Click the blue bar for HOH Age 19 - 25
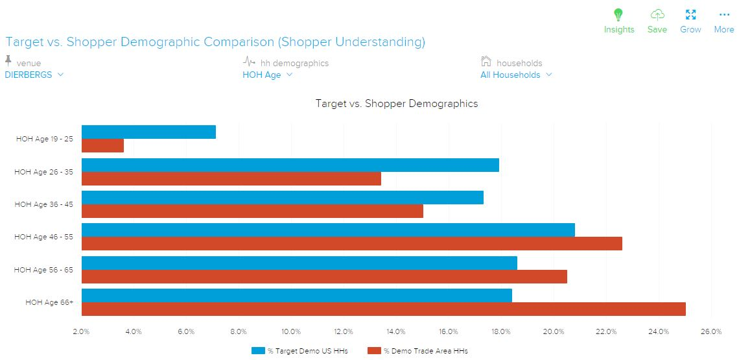click(148, 132)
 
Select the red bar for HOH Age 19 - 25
click(102, 146)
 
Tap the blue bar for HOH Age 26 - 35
click(290, 165)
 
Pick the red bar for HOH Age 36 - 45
click(252, 211)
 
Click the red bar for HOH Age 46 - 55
click(351, 243)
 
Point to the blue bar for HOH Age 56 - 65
click(299, 263)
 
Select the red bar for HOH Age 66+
click(383, 309)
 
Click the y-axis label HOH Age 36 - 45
click(43, 204)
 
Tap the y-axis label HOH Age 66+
click(49, 302)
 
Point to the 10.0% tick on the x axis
click(291, 332)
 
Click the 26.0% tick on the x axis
click(711, 332)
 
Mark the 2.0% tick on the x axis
click(81, 332)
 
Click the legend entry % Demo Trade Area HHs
click(417, 351)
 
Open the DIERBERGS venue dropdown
click(34, 75)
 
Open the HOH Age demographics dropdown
click(267, 75)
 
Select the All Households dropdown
click(516, 75)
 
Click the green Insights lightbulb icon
click(618, 15)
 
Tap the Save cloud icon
click(657, 15)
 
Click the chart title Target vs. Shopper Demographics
click(396, 104)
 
